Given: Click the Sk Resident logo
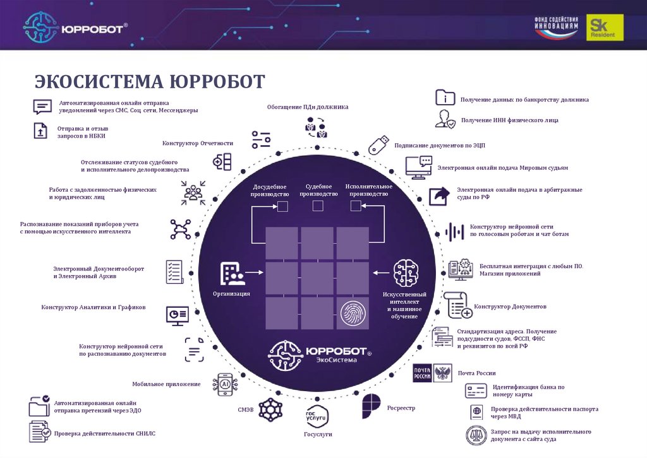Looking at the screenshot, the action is pyautogui.click(x=604, y=28).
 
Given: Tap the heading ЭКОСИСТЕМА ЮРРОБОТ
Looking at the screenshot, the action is pyautogui.click(x=150, y=82).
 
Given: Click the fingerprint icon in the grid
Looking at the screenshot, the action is pyautogui.click(x=352, y=314).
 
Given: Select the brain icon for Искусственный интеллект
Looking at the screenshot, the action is pyautogui.click(x=406, y=273).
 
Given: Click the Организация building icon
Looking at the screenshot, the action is pyautogui.click(x=231, y=273).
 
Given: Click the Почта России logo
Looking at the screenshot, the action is pyautogui.click(x=432, y=373).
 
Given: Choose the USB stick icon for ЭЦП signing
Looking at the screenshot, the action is pyautogui.click(x=378, y=144).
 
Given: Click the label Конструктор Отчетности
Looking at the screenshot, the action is pyautogui.click(x=198, y=143).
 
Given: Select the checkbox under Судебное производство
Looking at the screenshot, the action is pyautogui.click(x=318, y=206).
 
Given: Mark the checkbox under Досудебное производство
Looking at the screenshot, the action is pyautogui.click(x=282, y=206).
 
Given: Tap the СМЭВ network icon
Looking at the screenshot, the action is pyautogui.click(x=269, y=409).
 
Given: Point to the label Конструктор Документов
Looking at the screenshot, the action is pyautogui.click(x=510, y=307).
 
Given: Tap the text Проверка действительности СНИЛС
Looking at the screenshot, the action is pyautogui.click(x=104, y=433).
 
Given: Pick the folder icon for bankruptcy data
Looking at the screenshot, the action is pyautogui.click(x=445, y=98).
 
